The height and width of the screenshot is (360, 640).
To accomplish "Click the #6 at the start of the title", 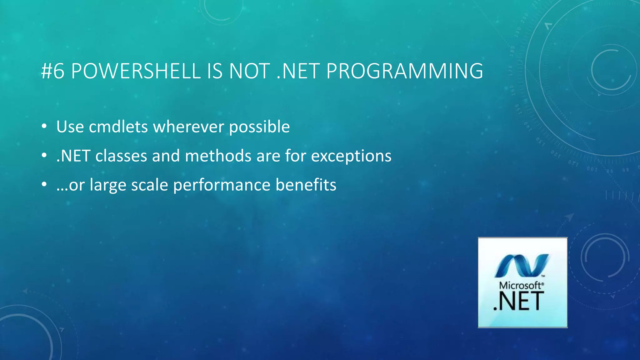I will (x=52, y=71).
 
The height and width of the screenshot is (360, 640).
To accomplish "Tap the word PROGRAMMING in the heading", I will (x=404, y=71).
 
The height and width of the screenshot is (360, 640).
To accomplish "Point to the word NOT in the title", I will (x=249, y=71).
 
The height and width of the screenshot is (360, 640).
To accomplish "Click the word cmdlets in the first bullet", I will (x=118, y=127).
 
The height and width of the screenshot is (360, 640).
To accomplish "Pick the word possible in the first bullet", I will (x=259, y=127).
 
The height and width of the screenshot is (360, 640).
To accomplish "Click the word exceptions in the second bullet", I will (x=351, y=156).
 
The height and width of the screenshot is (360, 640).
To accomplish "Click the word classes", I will (x=121, y=156).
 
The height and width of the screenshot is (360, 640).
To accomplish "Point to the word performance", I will (x=222, y=185).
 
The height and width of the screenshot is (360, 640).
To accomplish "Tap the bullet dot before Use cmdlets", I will (x=44, y=127).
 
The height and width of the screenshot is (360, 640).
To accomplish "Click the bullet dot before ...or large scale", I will (x=44, y=184).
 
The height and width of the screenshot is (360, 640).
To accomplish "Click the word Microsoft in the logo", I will (x=521, y=285).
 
